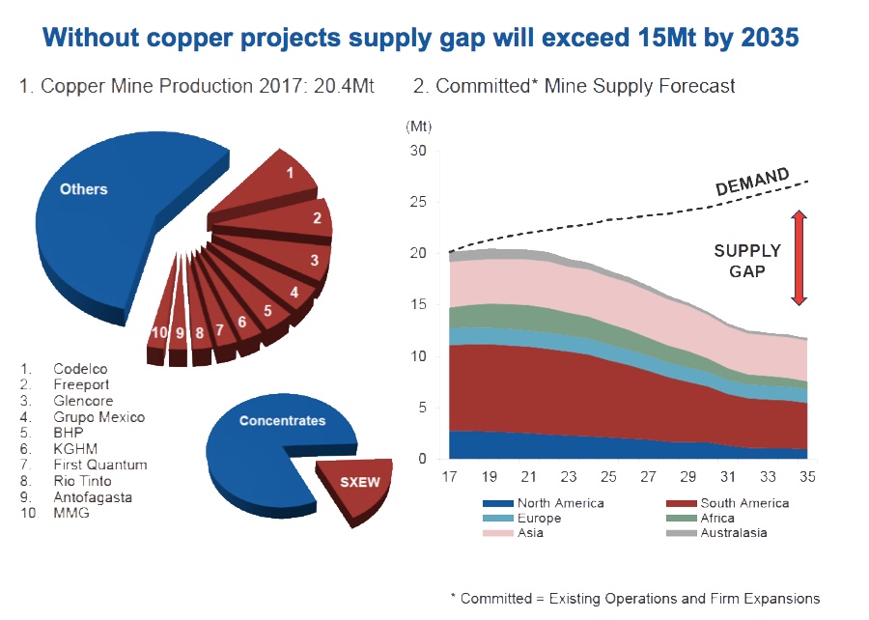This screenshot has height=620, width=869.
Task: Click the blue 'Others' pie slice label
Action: (83, 189)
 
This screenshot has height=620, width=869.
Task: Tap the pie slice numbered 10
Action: (159, 332)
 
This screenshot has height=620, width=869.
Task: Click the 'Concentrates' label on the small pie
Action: (282, 421)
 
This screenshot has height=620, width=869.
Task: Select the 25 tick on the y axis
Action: (417, 203)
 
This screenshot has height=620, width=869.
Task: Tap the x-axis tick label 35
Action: (807, 477)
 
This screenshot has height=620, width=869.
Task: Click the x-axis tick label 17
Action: (449, 477)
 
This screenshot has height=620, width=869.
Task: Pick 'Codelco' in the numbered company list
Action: (80, 369)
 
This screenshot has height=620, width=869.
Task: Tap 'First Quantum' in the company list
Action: (100, 465)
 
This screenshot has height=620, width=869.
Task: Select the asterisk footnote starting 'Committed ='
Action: (634, 598)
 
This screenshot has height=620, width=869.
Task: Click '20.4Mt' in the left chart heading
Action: (340, 86)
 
